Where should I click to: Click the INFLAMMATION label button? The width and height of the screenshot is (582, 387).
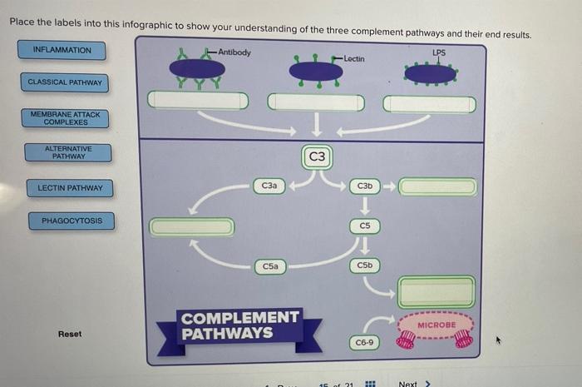pyautogui.click(x=62, y=51)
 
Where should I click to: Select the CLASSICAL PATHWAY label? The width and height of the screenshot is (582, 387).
pyautogui.click(x=65, y=82)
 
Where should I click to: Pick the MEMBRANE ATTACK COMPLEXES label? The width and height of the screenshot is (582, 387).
pyautogui.click(x=65, y=118)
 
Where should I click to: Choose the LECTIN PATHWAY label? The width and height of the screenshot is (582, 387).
pyautogui.click(x=70, y=188)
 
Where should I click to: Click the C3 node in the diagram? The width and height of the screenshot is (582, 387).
pyautogui.click(x=317, y=156)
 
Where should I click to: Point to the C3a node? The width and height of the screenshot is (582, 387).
pyautogui.click(x=269, y=186)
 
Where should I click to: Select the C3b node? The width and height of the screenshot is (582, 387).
pyautogui.click(x=364, y=186)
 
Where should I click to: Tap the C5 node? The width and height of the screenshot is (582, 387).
pyautogui.click(x=364, y=226)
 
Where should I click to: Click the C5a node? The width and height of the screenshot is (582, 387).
pyautogui.click(x=270, y=266)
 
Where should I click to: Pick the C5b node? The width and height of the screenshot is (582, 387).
pyautogui.click(x=364, y=265)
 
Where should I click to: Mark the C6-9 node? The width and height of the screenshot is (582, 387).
pyautogui.click(x=364, y=342)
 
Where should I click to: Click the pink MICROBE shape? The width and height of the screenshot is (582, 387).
pyautogui.click(x=436, y=325)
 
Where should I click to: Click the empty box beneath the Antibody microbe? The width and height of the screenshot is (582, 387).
pyautogui.click(x=198, y=100)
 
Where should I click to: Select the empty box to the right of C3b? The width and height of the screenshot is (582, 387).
pyautogui.click(x=437, y=186)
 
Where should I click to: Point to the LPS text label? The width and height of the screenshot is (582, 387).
pyautogui.click(x=439, y=52)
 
